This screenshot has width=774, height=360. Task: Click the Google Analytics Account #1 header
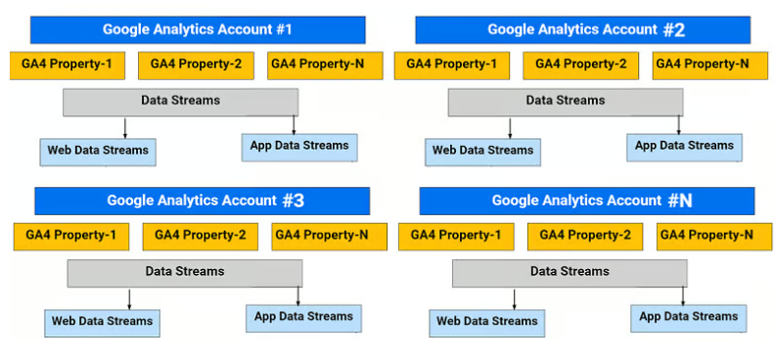[197, 29]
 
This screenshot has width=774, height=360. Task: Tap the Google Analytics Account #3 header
[202, 201]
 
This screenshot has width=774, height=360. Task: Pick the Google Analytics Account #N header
[586, 201]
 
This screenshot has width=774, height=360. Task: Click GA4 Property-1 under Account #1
[68, 66]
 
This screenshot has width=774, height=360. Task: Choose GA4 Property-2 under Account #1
[196, 66]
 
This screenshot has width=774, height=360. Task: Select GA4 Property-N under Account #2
[702, 66]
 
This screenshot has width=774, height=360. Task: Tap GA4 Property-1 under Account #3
[71, 236]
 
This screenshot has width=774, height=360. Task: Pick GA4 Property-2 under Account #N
[585, 236]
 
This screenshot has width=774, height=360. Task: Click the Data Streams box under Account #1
[180, 101]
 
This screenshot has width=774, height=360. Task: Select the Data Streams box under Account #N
[569, 272]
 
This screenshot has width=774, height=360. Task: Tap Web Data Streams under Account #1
[99, 151]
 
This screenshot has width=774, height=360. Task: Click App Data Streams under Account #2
[684, 147]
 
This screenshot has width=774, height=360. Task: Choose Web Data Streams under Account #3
[103, 322]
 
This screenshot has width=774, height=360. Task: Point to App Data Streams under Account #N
[689, 317]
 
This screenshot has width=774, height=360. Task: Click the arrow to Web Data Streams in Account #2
[510, 127]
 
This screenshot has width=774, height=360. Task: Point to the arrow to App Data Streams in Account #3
[298, 295]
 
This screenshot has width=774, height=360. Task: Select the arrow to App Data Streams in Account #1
[295, 124]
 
